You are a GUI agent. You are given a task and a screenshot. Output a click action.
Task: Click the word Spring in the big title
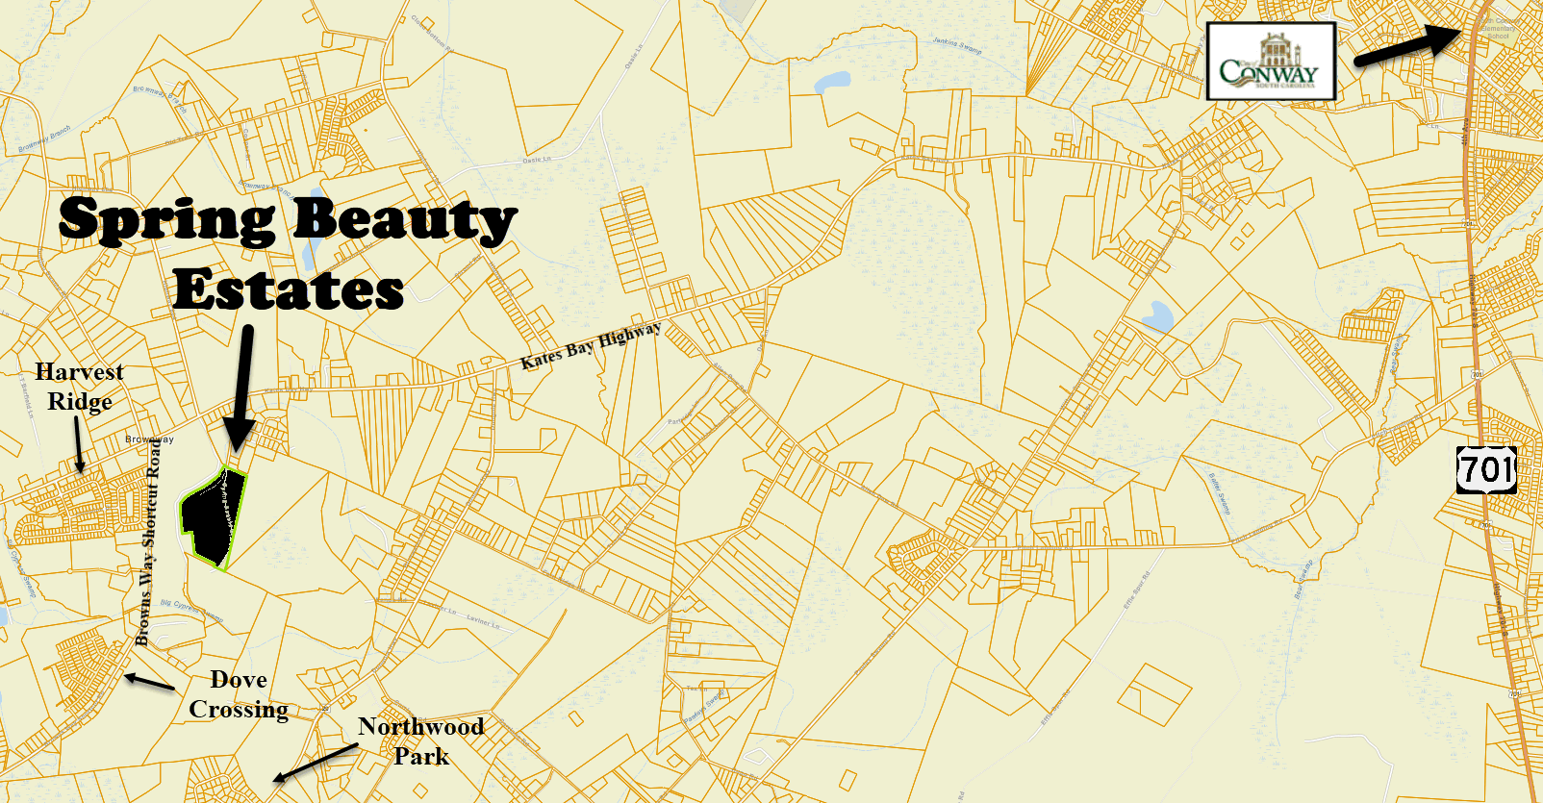[166, 220]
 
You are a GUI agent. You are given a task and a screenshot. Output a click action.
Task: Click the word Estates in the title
[288, 289]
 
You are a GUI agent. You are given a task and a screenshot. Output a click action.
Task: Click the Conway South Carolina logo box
[1270, 62]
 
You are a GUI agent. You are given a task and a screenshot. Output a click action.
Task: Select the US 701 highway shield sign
[1486, 469]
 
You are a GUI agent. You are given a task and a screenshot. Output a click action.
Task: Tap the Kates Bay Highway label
[591, 346]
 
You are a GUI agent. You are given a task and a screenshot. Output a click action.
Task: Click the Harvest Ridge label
[80, 386]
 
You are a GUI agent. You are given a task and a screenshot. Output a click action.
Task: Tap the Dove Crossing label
[238, 694]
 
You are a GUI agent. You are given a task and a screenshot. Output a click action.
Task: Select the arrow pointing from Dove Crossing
[149, 682]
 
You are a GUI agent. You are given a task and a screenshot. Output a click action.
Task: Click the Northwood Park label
[420, 740]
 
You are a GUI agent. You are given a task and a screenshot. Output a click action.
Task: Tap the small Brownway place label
[149, 439]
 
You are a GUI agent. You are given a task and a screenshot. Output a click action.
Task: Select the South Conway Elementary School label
[1497, 28]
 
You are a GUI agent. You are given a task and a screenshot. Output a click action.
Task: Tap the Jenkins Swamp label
[956, 45]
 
